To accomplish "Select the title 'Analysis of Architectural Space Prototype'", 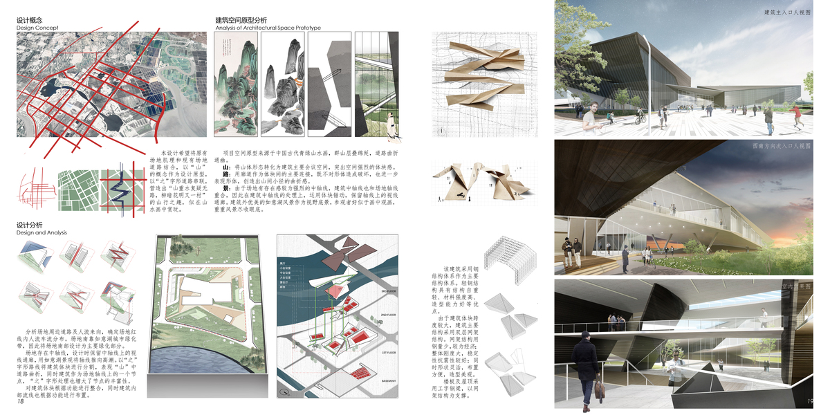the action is pyautogui.click(x=268, y=28).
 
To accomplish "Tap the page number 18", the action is pyautogui.click(x=20, y=402).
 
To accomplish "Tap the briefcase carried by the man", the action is pyautogui.click(x=599, y=388).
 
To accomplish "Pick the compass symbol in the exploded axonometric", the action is pyautogui.click(x=284, y=392).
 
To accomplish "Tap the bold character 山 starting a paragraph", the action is pyautogui.click(x=225, y=167).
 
